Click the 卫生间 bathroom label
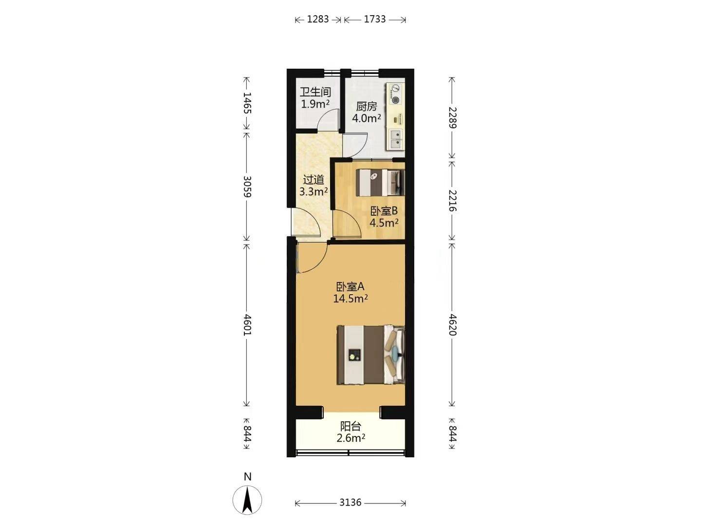pos(315,93)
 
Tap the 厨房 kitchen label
pos(366,106)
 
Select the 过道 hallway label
pos(314,180)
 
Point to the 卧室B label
pos(384,211)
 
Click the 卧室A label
pos(350,286)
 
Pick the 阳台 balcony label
pos(350,426)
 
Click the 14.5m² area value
pos(350,299)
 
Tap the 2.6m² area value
pos(350,438)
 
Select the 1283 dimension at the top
pos(318,19)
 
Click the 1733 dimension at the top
pos(375,19)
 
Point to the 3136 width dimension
pos(350,502)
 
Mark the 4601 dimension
pos(247,325)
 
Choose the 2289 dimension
pos(452,117)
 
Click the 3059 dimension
pos(247,187)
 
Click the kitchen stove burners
pos(396,94)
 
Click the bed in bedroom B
pos(380,183)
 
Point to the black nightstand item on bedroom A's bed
pos(354,355)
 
